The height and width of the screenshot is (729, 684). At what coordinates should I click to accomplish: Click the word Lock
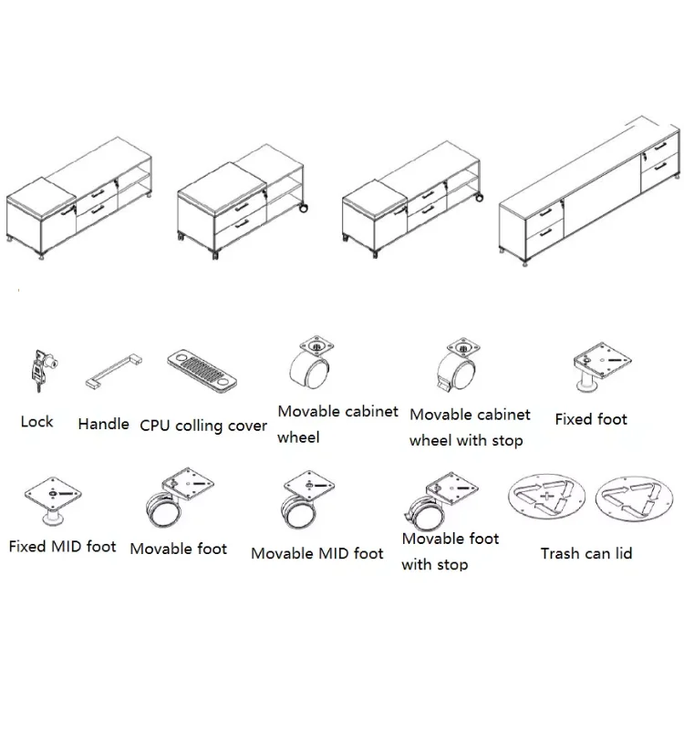coord(36,422)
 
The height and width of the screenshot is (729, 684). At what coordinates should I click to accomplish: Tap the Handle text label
coord(103,424)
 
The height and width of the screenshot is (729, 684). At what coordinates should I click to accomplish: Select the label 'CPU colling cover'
coord(203,426)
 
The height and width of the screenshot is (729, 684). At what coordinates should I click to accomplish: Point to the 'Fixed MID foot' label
coord(63,547)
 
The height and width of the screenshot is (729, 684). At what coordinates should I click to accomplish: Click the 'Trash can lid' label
coord(586,553)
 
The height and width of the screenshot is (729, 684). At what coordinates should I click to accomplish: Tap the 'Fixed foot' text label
coord(591,419)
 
